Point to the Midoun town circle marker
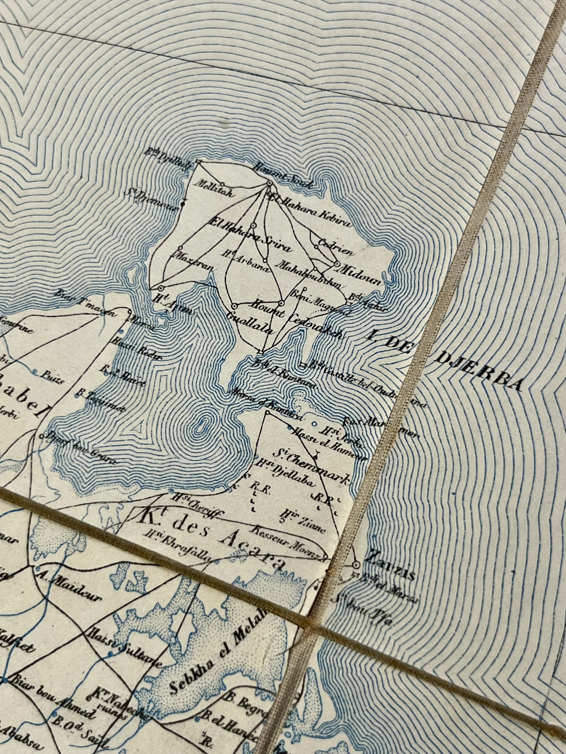pos(337,264)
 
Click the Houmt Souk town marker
pos(269,183)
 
